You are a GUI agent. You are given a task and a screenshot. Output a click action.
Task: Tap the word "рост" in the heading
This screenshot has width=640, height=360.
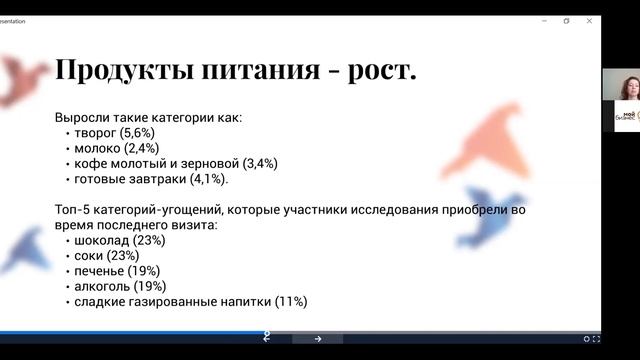(x=375, y=71)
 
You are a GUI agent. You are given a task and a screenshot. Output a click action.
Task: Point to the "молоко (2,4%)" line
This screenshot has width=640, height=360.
(x=113, y=148)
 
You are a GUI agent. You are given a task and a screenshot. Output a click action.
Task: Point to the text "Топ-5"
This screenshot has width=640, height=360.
(x=76, y=211)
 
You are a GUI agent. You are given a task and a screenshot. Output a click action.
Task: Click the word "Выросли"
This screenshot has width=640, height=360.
(x=85, y=117)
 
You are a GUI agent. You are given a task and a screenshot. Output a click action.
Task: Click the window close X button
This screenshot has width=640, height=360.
(x=589, y=20)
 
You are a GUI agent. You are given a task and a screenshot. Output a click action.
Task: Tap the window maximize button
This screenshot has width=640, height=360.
(x=566, y=20)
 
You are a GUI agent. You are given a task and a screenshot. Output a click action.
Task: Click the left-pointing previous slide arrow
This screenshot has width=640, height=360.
(x=267, y=339)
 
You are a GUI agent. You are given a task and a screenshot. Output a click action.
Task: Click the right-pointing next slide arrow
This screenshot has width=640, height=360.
(x=317, y=339)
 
